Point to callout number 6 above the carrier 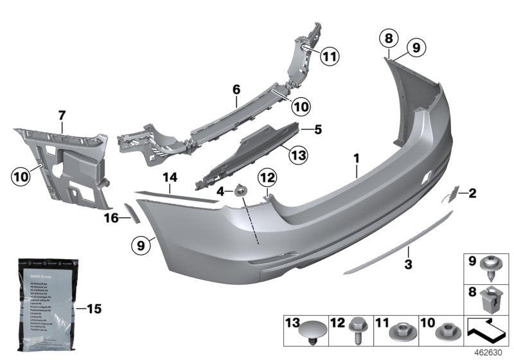click(x=236, y=91)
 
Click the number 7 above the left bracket click(x=62, y=115)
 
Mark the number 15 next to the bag click(x=94, y=309)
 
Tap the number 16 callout click(x=111, y=219)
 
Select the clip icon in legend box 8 click(x=497, y=299)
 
